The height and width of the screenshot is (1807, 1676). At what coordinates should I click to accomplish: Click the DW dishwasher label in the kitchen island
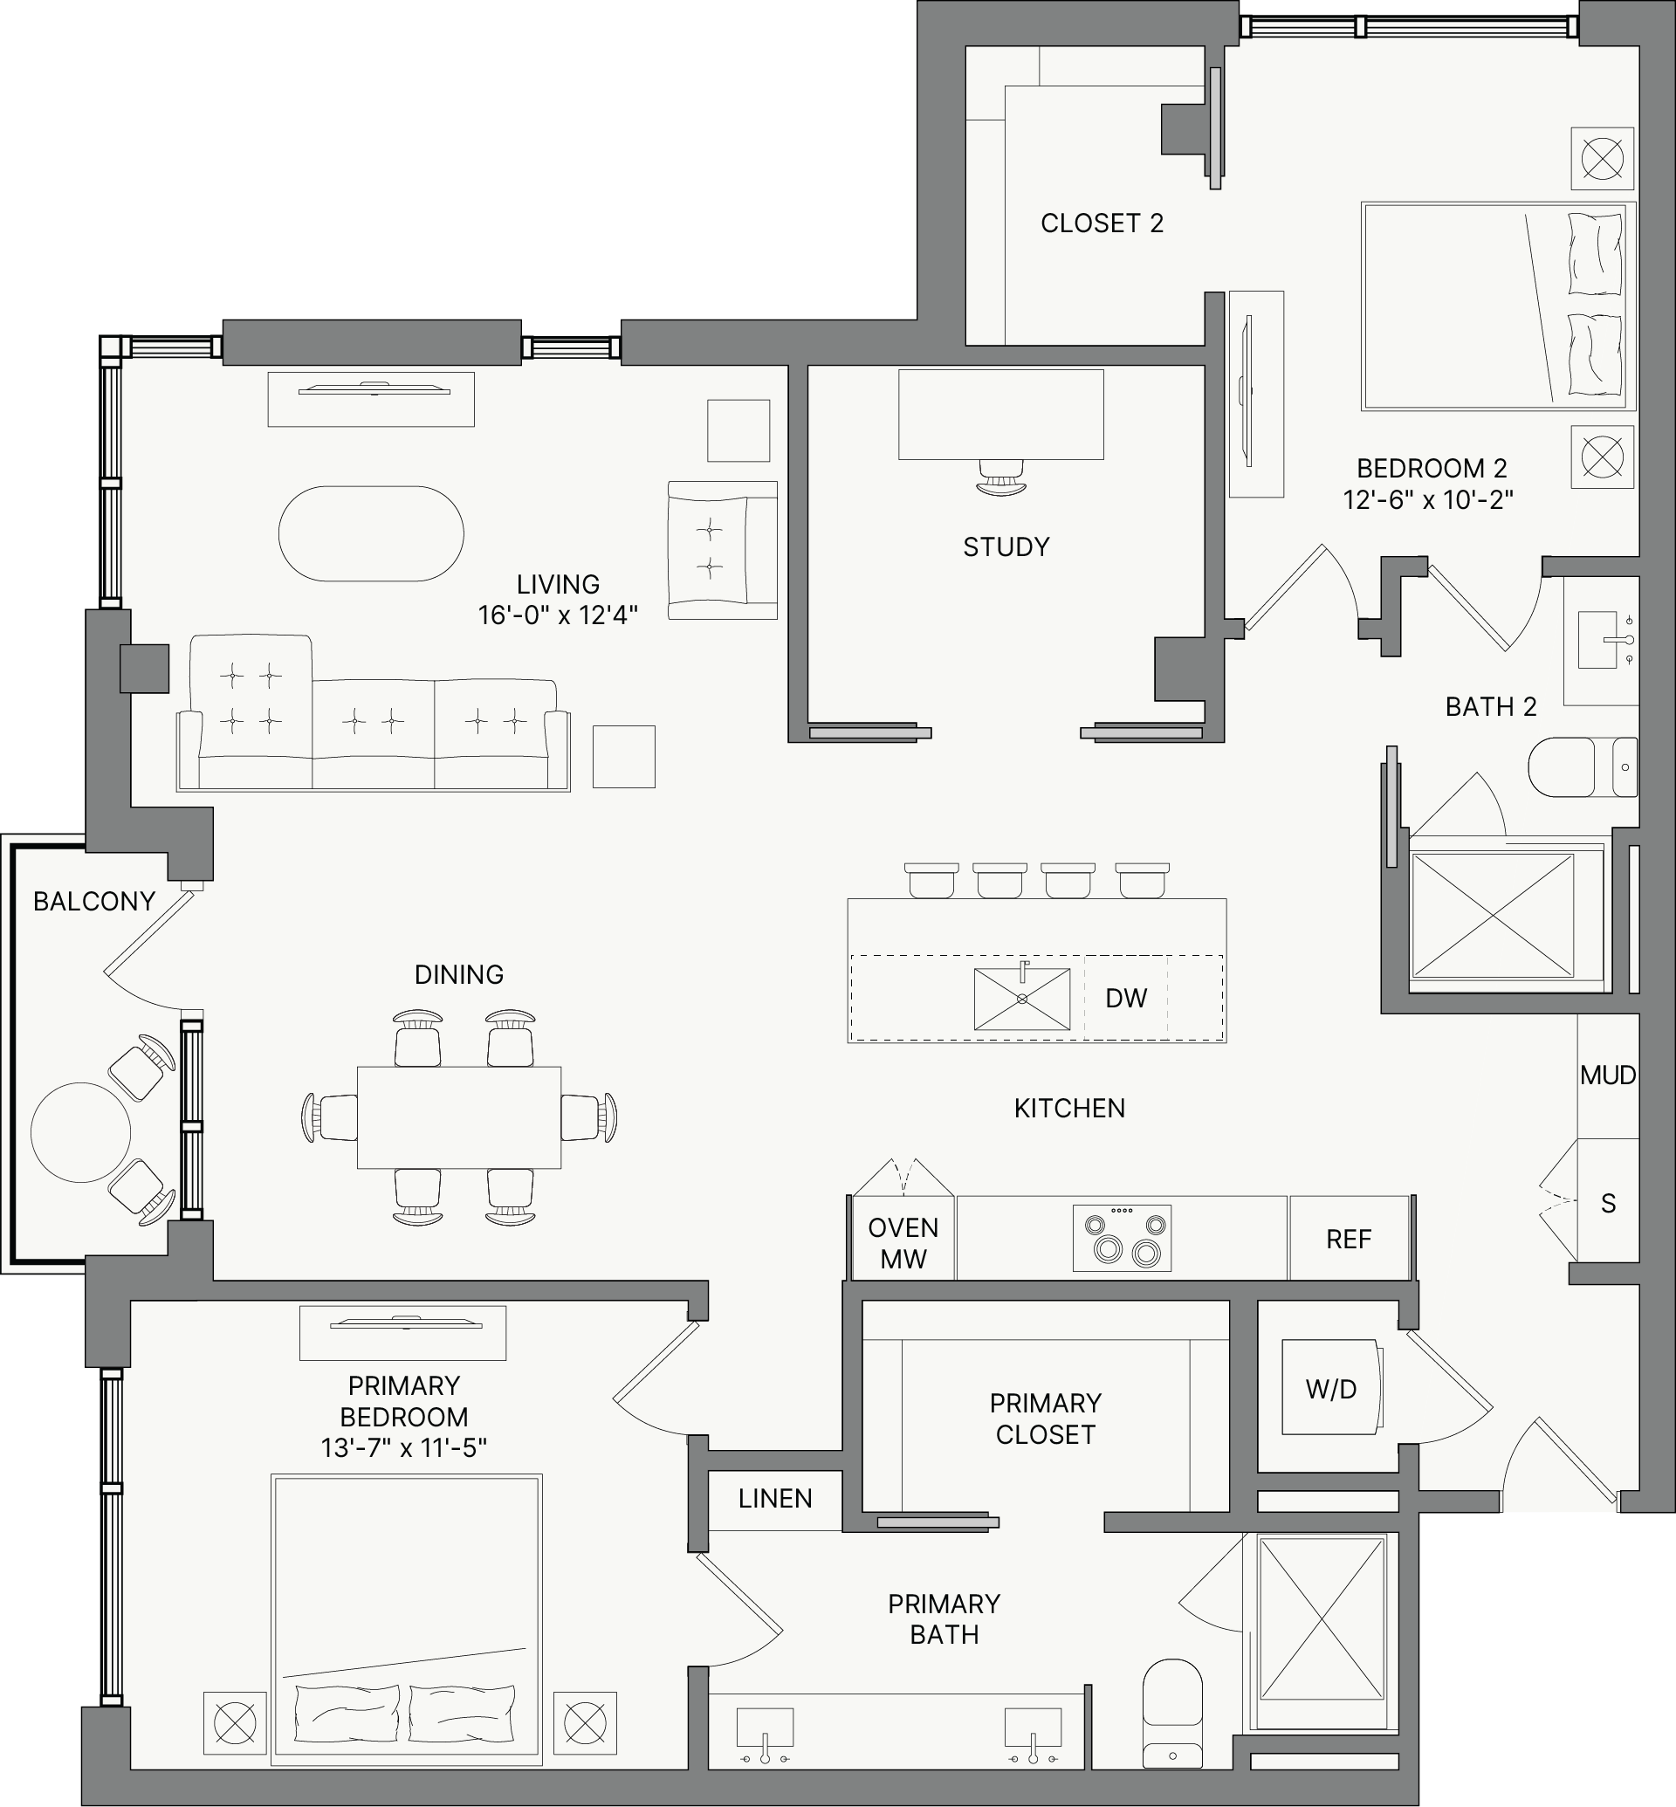(1125, 998)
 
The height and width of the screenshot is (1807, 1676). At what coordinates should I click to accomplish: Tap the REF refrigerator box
(1349, 1238)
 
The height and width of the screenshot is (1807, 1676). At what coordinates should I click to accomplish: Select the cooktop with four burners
(1122, 1237)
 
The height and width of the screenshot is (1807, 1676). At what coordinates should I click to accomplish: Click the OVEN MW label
(903, 1243)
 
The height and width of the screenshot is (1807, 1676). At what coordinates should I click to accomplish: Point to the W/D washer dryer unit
(1332, 1387)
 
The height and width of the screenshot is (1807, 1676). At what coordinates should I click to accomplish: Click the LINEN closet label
(775, 1499)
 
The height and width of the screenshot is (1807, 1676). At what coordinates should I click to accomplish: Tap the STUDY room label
(1006, 547)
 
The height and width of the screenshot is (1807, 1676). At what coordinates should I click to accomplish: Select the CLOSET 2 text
(1102, 223)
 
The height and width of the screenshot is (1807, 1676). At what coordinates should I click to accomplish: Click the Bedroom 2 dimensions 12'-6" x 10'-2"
(1428, 500)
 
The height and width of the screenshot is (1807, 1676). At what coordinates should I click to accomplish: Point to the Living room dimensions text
(558, 615)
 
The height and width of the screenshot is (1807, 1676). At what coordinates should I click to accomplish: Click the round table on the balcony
(80, 1132)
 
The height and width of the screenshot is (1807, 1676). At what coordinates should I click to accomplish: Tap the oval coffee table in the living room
(371, 533)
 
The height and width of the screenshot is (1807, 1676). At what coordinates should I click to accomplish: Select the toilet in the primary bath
(1172, 1714)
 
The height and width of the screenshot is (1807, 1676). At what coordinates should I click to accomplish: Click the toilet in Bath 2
(1583, 766)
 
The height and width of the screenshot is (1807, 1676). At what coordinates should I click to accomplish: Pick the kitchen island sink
(1022, 998)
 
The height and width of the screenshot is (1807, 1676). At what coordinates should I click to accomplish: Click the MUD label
(1608, 1075)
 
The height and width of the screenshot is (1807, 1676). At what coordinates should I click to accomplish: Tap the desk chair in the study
(1001, 478)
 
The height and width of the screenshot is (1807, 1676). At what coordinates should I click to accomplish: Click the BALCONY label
(94, 901)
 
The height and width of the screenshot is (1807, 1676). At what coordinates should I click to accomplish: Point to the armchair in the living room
(723, 550)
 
